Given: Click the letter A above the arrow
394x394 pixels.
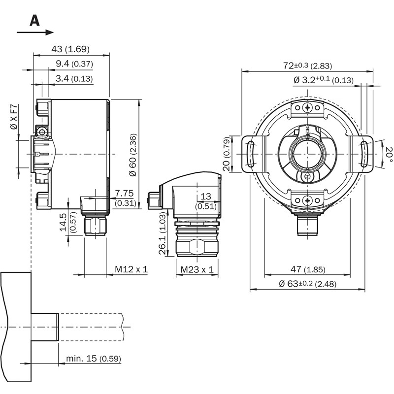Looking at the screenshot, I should click(34, 20).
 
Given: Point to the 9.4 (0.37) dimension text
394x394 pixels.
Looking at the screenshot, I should click(74, 64).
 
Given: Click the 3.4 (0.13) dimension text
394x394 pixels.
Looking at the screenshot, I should click(74, 78).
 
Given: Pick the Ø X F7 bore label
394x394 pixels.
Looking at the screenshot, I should click(14, 118).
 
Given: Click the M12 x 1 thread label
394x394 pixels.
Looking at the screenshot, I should click(131, 269).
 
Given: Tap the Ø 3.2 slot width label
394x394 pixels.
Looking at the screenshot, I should click(323, 79).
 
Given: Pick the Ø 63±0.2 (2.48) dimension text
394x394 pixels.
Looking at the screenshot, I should click(307, 284).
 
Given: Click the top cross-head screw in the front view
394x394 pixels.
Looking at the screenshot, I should click(308, 108).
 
